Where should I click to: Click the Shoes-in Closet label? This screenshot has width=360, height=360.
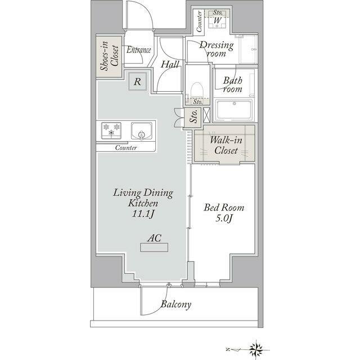110,56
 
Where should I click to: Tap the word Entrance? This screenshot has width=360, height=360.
139,50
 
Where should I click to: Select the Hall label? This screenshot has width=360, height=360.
170,64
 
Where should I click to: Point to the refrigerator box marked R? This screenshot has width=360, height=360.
137,81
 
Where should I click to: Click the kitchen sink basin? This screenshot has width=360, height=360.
141,131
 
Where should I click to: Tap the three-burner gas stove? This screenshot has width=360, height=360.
111,130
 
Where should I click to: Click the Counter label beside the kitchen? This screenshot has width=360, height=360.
126,147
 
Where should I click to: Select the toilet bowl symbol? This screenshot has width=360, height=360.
197,90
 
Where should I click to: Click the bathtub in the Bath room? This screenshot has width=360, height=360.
234,110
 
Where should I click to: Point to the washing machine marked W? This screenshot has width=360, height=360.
217,21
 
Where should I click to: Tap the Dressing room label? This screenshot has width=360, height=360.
217,49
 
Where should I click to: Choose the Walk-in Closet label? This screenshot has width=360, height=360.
226,145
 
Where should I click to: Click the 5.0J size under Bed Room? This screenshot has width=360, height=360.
224,218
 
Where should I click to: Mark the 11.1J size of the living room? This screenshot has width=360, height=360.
143,214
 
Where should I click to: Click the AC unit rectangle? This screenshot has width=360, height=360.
154,247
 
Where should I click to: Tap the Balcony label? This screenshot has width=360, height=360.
176,304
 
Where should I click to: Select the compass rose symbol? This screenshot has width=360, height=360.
256,350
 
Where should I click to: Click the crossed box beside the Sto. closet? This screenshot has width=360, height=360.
206,115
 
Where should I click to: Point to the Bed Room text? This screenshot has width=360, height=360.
224,208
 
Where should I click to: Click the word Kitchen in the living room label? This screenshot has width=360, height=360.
143,203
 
